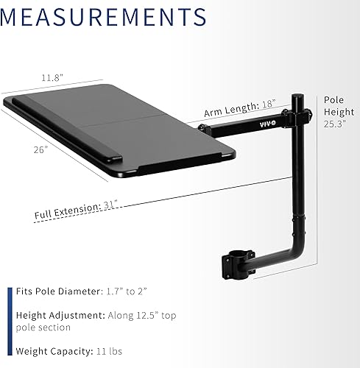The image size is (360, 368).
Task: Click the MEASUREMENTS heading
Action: [x=104, y=15]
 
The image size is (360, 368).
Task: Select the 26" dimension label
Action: [x=40, y=149]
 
